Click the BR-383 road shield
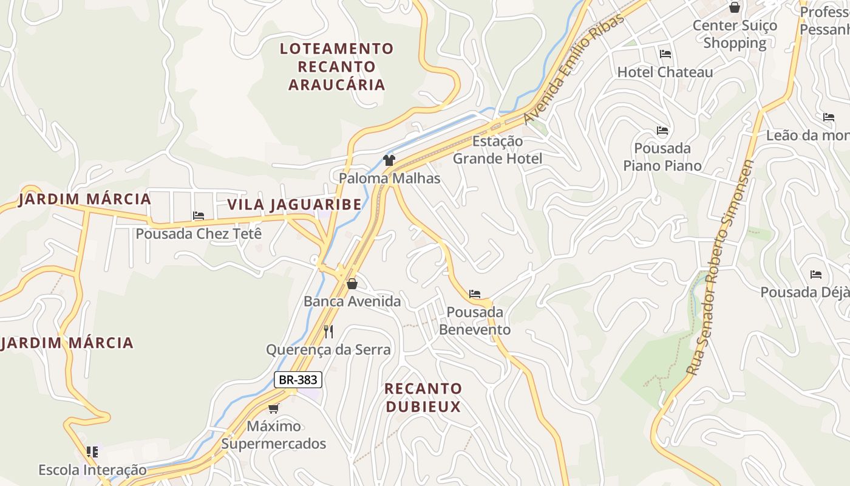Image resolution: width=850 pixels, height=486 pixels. [297, 380]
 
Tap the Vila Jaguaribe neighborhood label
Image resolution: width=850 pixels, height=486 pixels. [294, 204]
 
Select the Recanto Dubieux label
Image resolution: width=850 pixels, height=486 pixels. [424, 397]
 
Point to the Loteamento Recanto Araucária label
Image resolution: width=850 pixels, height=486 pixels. [336, 66]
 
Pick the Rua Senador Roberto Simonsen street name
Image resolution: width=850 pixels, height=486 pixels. [720, 267]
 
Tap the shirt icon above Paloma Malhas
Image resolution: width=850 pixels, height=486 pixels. [389, 160]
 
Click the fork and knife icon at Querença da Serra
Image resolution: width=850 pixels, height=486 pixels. [328, 331]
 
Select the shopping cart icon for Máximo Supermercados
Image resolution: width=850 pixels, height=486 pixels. [274, 408]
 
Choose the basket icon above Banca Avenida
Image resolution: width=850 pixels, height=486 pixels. [352, 283]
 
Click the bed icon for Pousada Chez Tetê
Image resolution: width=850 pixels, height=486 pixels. [199, 215]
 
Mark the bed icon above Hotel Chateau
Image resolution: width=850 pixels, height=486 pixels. [665, 53]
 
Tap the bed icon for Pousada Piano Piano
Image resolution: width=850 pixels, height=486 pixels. [662, 130]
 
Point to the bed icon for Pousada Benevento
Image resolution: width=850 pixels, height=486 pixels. [475, 294]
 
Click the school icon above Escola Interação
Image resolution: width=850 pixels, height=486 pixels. [92, 451]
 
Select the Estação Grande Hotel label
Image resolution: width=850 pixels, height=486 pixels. [497, 149]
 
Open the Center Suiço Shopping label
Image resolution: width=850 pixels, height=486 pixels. [735, 34]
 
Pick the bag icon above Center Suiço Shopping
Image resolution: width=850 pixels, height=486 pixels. [735, 7]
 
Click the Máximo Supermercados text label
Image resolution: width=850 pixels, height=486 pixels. [273, 435]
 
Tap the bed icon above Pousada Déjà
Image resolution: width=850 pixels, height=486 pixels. [816, 275]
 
